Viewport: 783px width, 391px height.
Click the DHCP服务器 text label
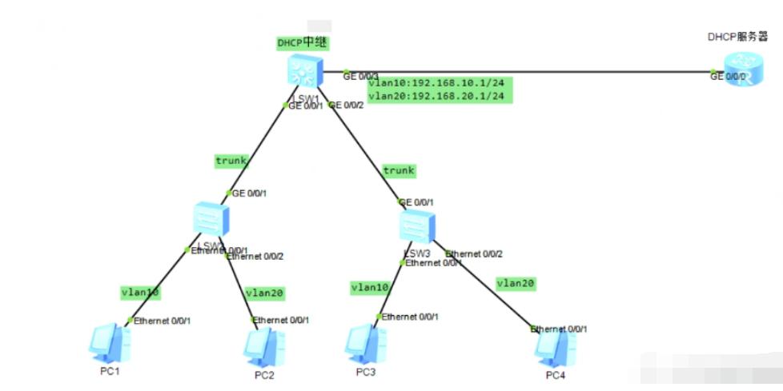click(x=737, y=36)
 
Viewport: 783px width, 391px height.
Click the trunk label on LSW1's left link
click(x=231, y=161)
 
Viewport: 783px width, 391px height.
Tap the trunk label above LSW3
click(x=399, y=170)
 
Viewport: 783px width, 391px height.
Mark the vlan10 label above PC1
click(x=140, y=293)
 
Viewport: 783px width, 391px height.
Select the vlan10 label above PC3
click(x=370, y=287)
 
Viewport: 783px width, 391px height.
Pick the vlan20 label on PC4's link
click(x=516, y=283)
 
